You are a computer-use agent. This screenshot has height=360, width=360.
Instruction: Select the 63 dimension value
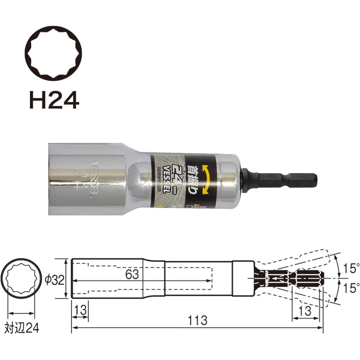[132, 275]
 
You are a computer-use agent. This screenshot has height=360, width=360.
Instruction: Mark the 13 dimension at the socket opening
[79, 310]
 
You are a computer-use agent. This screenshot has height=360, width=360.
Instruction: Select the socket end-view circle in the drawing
[22, 278]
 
